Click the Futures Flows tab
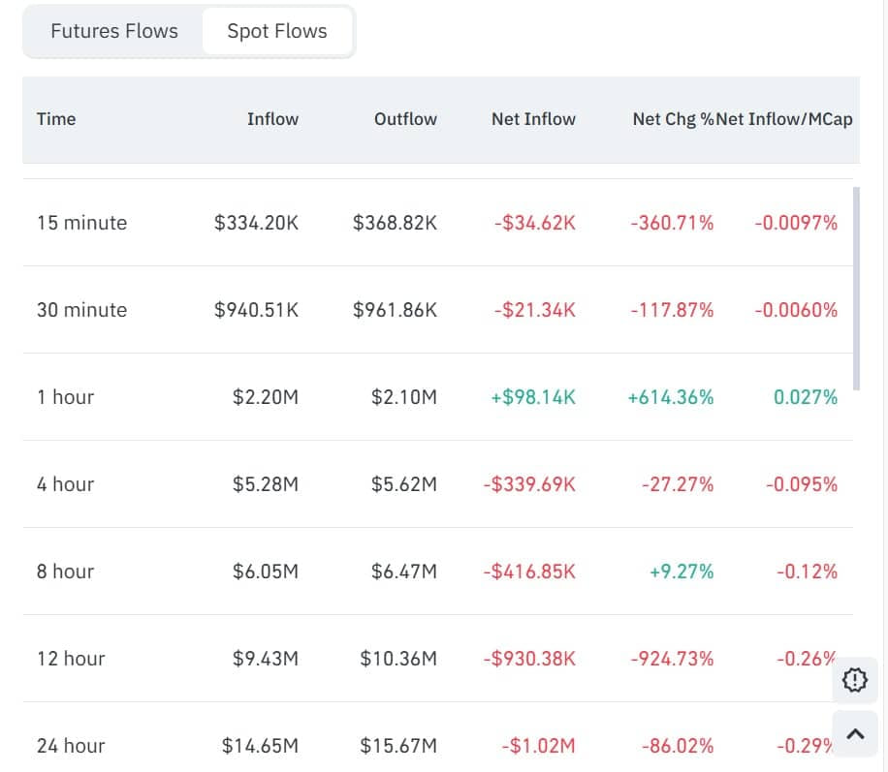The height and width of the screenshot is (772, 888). (114, 31)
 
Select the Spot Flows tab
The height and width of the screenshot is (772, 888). (276, 31)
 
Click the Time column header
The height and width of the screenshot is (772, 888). (56, 119)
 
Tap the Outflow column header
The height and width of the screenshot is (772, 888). (405, 119)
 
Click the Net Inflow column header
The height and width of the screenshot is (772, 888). (533, 119)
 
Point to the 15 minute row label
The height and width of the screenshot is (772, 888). (81, 223)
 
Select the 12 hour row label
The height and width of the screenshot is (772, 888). (71, 659)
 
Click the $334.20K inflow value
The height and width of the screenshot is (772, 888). (256, 223)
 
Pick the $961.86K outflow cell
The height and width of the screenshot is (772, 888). (395, 310)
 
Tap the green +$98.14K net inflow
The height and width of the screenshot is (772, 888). (533, 397)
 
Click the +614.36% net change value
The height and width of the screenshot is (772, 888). (671, 397)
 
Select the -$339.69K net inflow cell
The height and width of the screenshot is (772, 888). (529, 484)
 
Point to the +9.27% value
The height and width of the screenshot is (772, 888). (682, 571)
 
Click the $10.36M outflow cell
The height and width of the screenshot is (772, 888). (398, 659)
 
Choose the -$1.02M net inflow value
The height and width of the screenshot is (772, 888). (538, 746)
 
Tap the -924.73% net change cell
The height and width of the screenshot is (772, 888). (672, 659)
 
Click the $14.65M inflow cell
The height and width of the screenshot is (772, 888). (260, 746)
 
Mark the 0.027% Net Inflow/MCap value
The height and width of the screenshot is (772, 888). (806, 397)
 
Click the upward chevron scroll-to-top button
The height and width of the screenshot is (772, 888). (855, 734)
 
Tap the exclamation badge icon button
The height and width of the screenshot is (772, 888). (855, 681)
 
